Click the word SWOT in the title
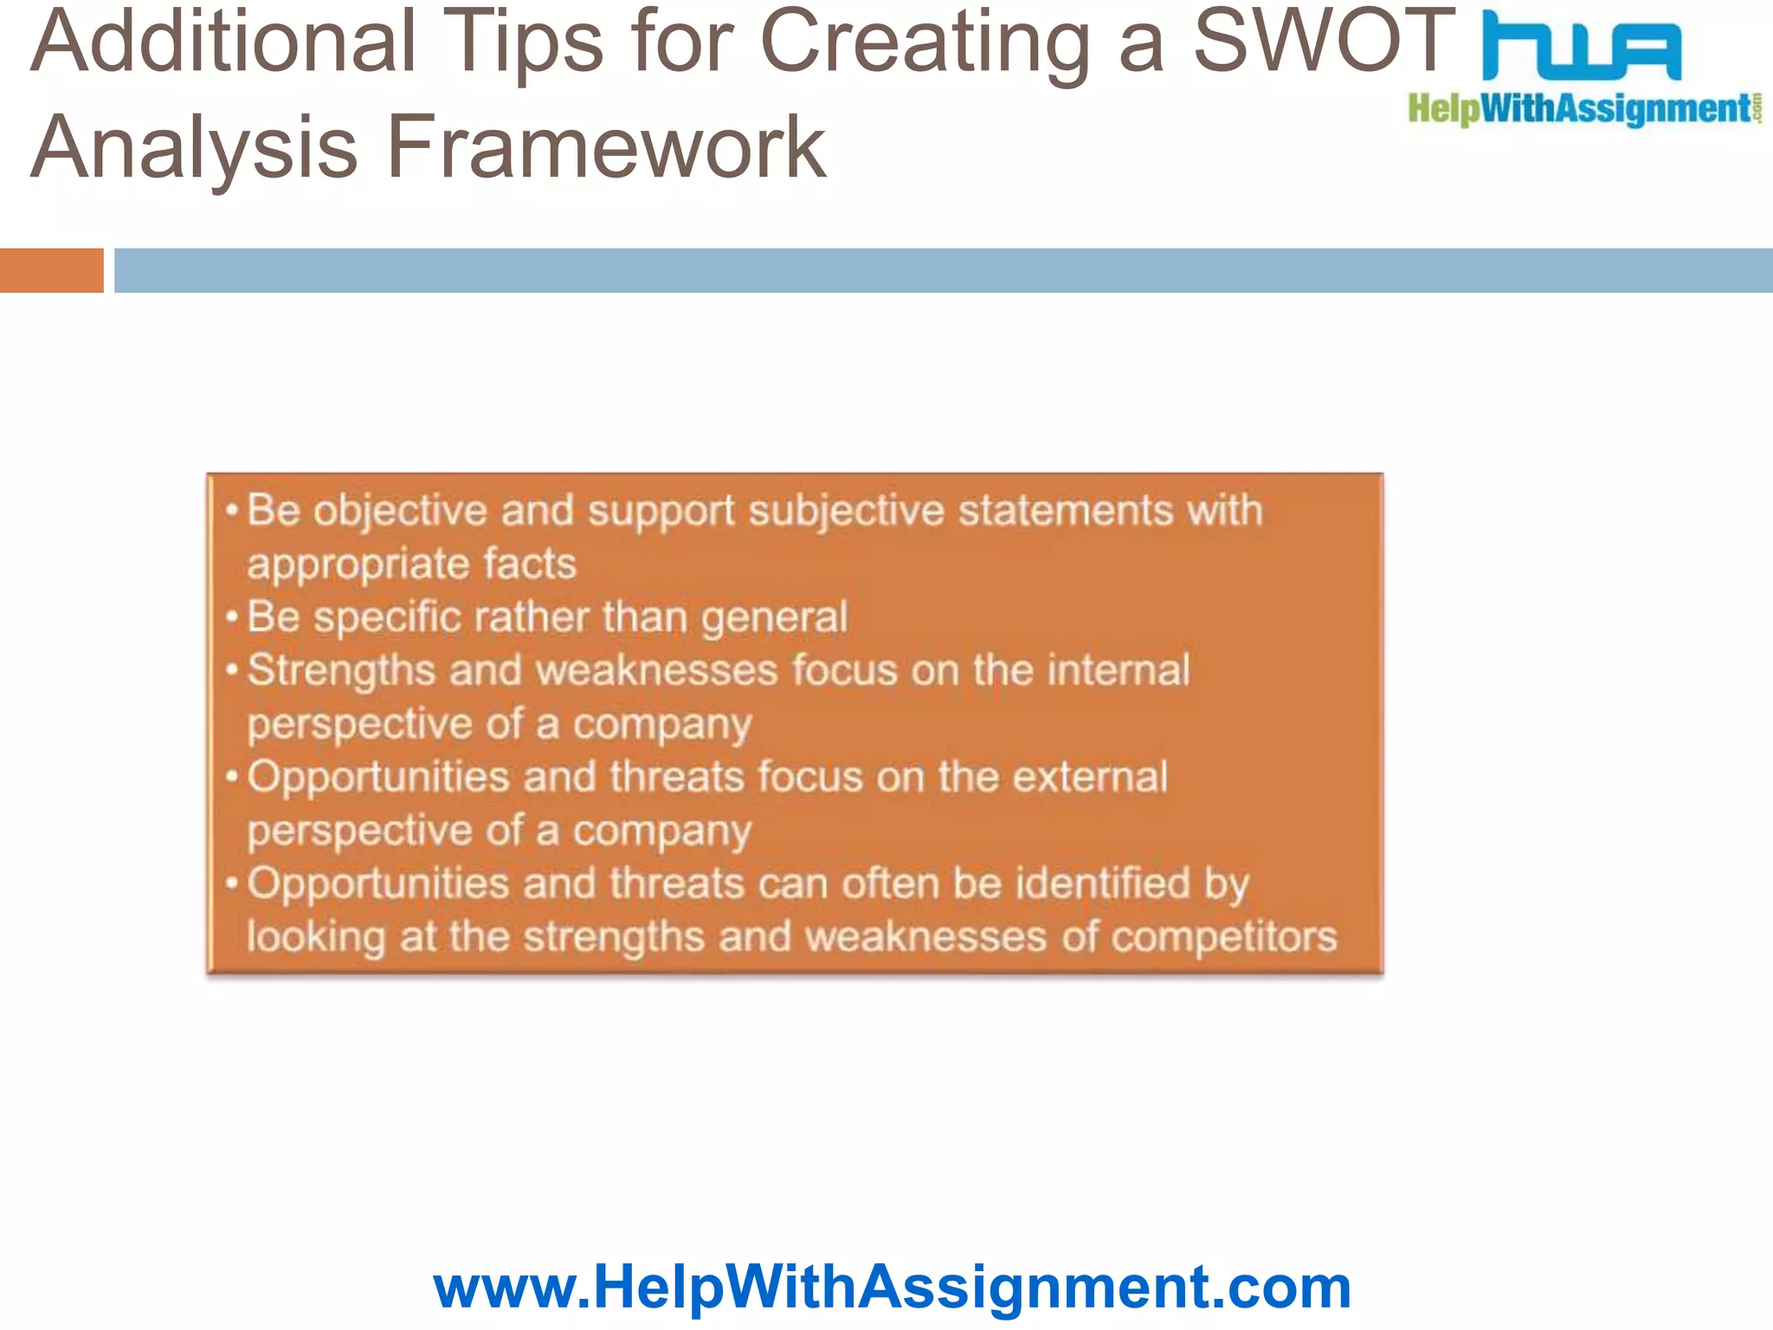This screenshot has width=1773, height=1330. point(1325,42)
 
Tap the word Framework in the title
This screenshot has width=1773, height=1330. point(606,147)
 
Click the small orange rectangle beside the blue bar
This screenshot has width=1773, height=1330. point(52,270)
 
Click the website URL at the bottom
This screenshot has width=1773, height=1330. point(892,1287)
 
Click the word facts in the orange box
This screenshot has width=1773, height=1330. point(529,564)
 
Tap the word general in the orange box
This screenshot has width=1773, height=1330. point(774,618)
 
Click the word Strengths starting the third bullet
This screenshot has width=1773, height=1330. point(341,671)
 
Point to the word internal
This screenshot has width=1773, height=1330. point(1119,670)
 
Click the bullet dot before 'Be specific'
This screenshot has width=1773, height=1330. point(231,617)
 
